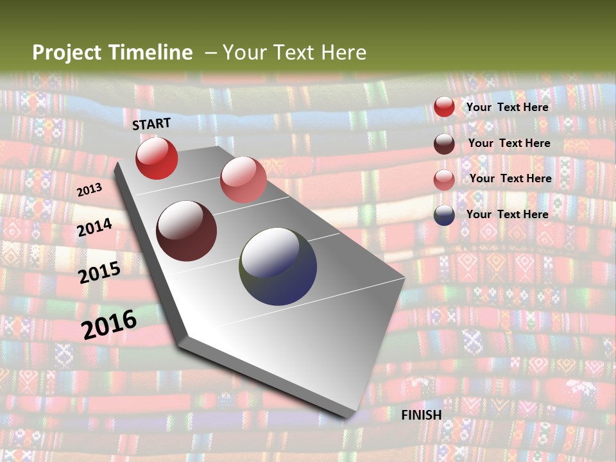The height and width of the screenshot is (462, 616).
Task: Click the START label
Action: (151, 124)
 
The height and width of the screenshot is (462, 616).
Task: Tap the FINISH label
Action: (422, 415)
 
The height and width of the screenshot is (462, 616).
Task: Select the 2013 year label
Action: (89, 189)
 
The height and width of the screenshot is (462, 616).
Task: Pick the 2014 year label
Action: (95, 227)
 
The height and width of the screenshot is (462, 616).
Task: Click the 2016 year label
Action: (109, 324)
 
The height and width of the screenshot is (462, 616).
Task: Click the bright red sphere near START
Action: (157, 158)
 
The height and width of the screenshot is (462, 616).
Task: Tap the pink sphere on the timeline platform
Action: (243, 180)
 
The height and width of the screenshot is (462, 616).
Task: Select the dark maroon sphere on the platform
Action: (187, 231)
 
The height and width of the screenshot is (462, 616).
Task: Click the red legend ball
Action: (444, 107)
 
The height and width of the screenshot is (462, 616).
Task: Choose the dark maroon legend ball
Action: (444, 144)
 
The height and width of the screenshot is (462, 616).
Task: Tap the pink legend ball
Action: (444, 180)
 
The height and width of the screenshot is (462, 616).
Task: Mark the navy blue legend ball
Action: (444, 215)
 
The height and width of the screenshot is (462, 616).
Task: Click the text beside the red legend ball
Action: (508, 107)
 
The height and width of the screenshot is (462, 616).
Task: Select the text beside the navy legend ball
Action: (508, 214)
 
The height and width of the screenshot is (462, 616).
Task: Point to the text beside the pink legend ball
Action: (511, 178)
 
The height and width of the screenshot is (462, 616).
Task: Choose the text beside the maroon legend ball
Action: (509, 143)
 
